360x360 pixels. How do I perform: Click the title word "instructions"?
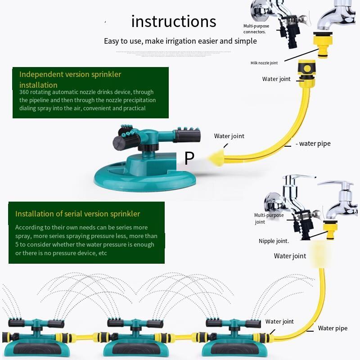(x=174, y=21)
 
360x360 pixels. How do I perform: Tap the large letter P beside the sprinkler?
(x=189, y=158)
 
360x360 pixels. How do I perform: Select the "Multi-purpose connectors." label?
(x=256, y=29)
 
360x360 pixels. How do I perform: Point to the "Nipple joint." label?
(x=274, y=241)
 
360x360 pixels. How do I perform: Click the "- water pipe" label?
(x=314, y=144)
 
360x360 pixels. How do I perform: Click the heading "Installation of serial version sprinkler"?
(x=77, y=214)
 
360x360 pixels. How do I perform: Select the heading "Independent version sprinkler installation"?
(x=70, y=80)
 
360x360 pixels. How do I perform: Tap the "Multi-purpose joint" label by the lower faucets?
(x=269, y=218)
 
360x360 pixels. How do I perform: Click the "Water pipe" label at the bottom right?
(x=333, y=328)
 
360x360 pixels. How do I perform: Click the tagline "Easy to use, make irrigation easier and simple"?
(x=180, y=41)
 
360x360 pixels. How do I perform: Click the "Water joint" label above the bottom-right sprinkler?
(x=279, y=321)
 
